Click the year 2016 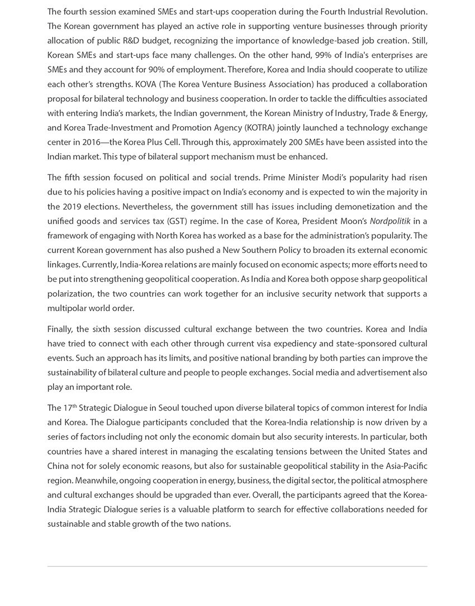coord(90,142)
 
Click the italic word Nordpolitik coord(390,221)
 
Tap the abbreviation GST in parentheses coord(177,221)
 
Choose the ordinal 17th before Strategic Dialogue coord(70,408)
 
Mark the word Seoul coord(166,408)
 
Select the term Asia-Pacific coord(406,466)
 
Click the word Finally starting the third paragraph coord(60,329)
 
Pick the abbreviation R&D coord(165,41)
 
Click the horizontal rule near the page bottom coord(237,567)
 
